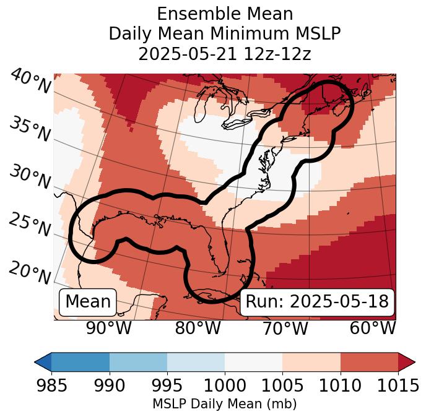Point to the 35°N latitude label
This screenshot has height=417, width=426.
click(x=30, y=129)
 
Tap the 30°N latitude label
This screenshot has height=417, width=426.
click(x=30, y=178)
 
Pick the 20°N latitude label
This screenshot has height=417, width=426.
click(x=30, y=273)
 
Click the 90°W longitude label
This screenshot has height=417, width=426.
click(x=109, y=329)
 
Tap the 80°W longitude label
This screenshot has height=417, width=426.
click(x=198, y=329)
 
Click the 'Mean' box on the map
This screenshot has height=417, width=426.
click(x=88, y=302)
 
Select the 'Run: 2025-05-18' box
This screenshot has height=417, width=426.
click(x=317, y=302)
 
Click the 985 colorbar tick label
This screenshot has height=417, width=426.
click(x=51, y=385)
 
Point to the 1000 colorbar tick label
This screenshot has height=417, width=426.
click(x=225, y=385)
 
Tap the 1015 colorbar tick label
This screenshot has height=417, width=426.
click(x=398, y=385)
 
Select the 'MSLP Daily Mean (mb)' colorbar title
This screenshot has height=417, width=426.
click(x=225, y=404)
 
